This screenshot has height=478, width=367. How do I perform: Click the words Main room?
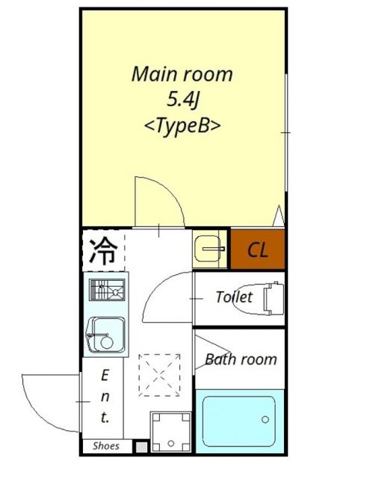(182, 75)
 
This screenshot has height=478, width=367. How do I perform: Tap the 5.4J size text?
(182, 100)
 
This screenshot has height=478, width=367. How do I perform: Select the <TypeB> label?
(182, 125)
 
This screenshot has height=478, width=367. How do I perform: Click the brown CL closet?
(257, 249)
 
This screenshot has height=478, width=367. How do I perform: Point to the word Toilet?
(234, 297)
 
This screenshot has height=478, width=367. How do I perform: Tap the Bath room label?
(240, 359)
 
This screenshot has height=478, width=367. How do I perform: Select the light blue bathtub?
(239, 420)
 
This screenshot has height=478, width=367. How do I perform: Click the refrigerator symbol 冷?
(103, 250)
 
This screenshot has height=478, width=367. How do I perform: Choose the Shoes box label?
(106, 446)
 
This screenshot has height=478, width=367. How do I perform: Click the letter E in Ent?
(105, 373)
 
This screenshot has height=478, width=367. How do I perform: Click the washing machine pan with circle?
(171, 432)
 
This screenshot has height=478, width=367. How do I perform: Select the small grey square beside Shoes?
(140, 446)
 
